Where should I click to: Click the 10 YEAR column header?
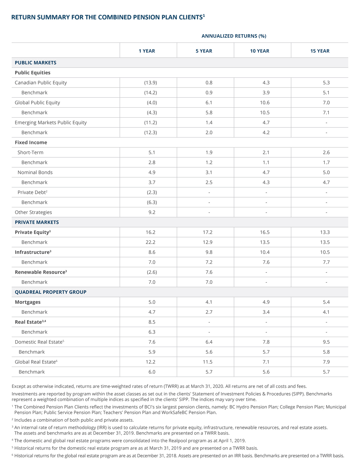(259, 51)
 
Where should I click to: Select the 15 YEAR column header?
(320, 51)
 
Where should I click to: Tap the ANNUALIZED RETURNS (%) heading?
(234, 36)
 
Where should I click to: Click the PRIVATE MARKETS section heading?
(37, 222)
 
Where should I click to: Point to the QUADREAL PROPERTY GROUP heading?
(51, 292)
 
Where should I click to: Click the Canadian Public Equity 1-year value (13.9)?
(151, 82)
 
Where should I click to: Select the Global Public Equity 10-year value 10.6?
(265, 103)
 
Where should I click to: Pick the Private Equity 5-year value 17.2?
(208, 232)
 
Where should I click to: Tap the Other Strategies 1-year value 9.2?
(152, 212)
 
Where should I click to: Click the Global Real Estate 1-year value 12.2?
(151, 362)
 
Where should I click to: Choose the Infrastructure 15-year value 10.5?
(325, 252)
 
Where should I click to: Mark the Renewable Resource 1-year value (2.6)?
(152, 272)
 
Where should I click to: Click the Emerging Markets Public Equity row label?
(51, 123)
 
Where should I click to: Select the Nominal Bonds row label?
(35, 172)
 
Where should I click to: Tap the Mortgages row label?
(28, 302)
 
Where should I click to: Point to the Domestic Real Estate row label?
(39, 342)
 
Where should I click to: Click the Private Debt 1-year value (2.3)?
(152, 192)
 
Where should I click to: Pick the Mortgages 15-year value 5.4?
(326, 302)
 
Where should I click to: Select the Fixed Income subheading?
(31, 142)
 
